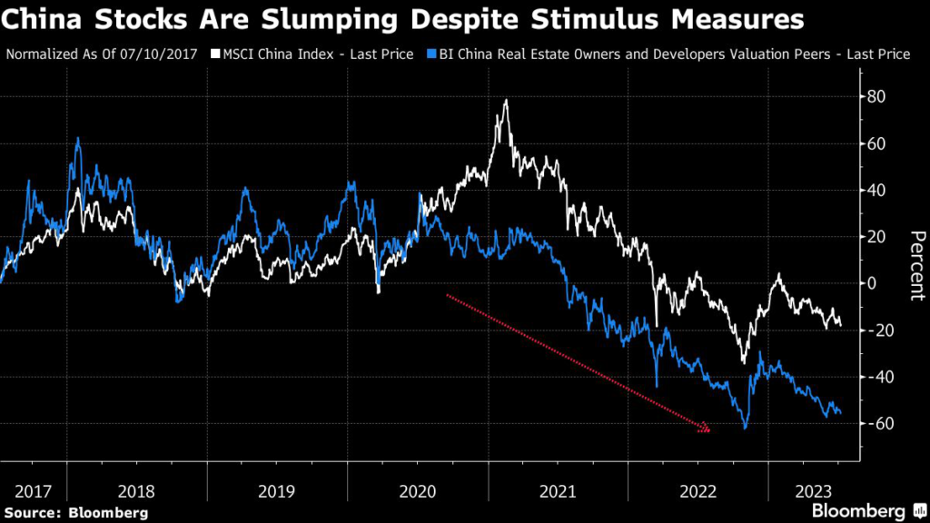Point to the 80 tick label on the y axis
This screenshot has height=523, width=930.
(879, 96)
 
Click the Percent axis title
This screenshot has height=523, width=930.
(915, 265)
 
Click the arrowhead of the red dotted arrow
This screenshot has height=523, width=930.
(705, 428)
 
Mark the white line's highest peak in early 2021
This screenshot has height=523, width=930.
(505, 101)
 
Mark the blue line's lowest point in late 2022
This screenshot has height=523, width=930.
(745, 428)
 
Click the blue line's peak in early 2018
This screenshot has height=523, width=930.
(78, 138)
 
